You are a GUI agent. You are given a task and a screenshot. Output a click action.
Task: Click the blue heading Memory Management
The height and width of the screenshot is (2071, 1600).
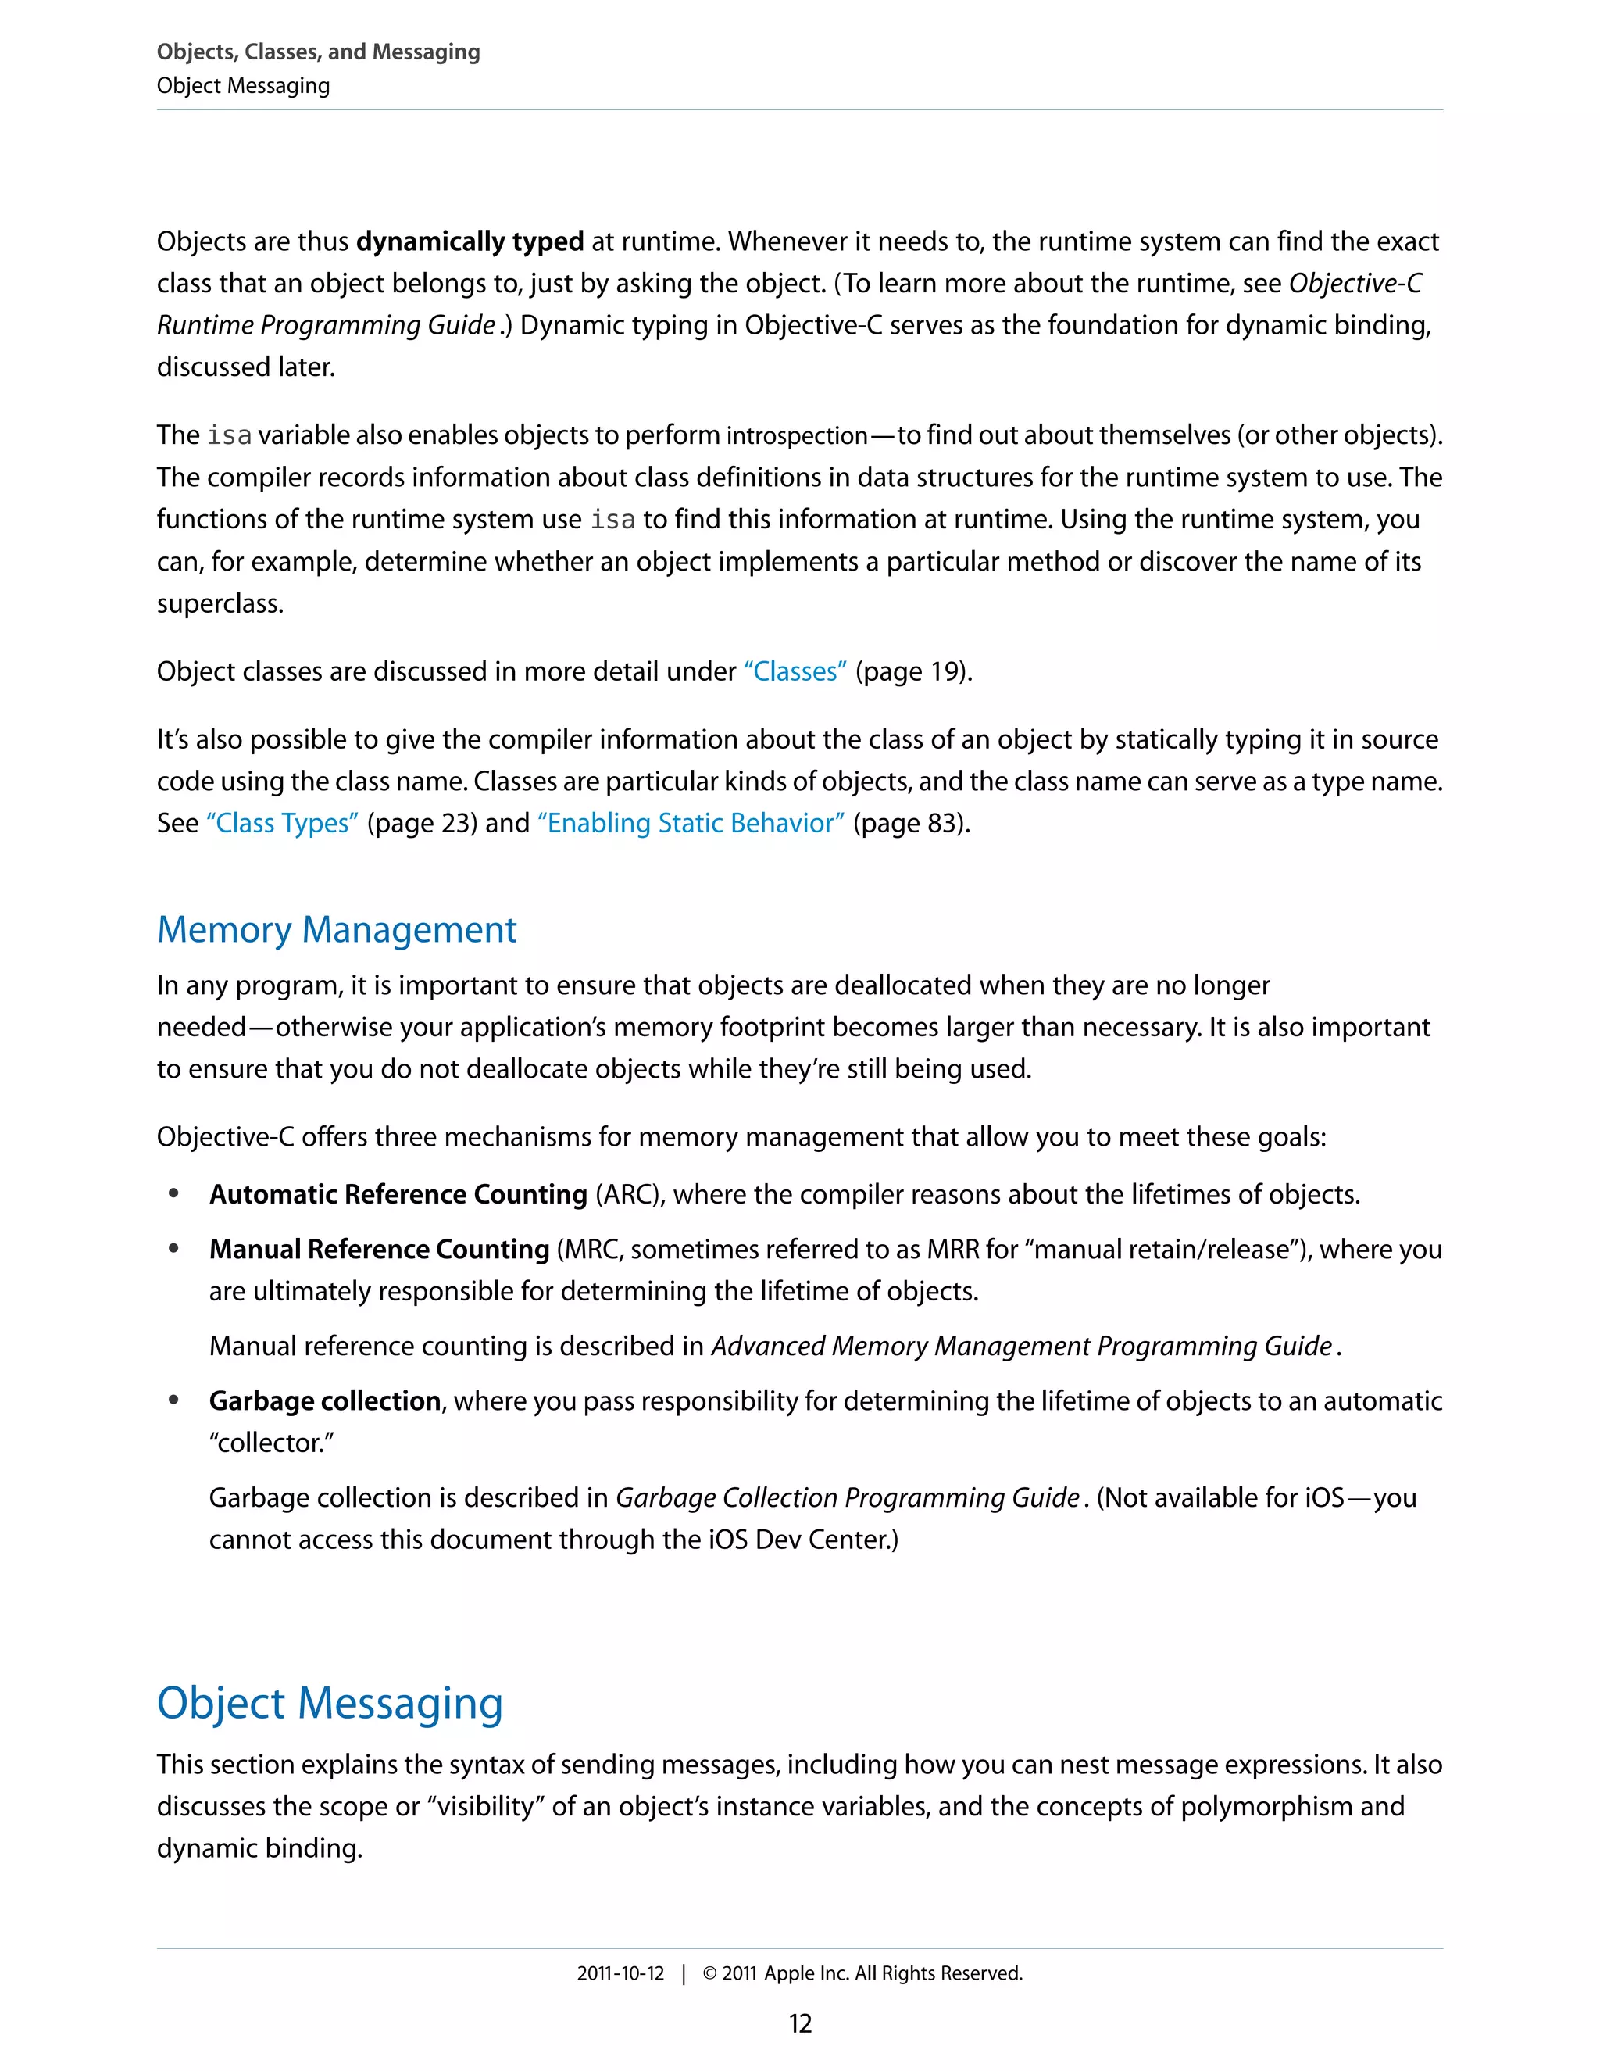tap(337, 929)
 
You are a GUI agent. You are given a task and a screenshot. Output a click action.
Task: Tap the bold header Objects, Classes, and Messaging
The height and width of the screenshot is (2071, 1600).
tap(319, 52)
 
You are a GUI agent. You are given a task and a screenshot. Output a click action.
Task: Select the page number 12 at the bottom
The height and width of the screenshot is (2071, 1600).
tap(800, 2023)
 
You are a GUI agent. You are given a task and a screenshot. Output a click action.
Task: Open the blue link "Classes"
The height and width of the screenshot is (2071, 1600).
tap(795, 671)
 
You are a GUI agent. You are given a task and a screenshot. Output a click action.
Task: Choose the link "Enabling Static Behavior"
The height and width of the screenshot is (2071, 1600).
tap(691, 823)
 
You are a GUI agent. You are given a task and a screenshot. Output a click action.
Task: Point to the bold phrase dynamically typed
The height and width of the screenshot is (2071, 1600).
tap(470, 241)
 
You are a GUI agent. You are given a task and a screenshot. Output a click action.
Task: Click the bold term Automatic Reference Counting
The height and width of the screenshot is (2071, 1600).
tap(398, 1194)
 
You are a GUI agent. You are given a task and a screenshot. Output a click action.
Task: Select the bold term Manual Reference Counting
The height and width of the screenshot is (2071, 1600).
tap(379, 1249)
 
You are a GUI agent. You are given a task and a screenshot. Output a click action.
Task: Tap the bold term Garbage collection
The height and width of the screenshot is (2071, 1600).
tap(324, 1400)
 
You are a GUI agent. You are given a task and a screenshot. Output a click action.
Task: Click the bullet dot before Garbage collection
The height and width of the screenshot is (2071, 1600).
tap(173, 1400)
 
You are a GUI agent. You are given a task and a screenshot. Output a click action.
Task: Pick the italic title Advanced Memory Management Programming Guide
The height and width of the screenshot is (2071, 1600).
tap(1022, 1346)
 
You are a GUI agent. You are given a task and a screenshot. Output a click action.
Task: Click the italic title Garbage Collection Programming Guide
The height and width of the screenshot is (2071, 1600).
tap(848, 1497)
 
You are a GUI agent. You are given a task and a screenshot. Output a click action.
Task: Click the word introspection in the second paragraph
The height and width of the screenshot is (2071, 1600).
tap(796, 435)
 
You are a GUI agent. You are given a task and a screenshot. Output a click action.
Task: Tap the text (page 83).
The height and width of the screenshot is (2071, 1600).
tap(911, 823)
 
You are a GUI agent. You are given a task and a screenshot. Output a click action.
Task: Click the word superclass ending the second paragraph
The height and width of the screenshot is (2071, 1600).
tap(219, 603)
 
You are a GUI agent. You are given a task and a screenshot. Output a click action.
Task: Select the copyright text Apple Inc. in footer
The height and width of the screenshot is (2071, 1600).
tap(805, 1973)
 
